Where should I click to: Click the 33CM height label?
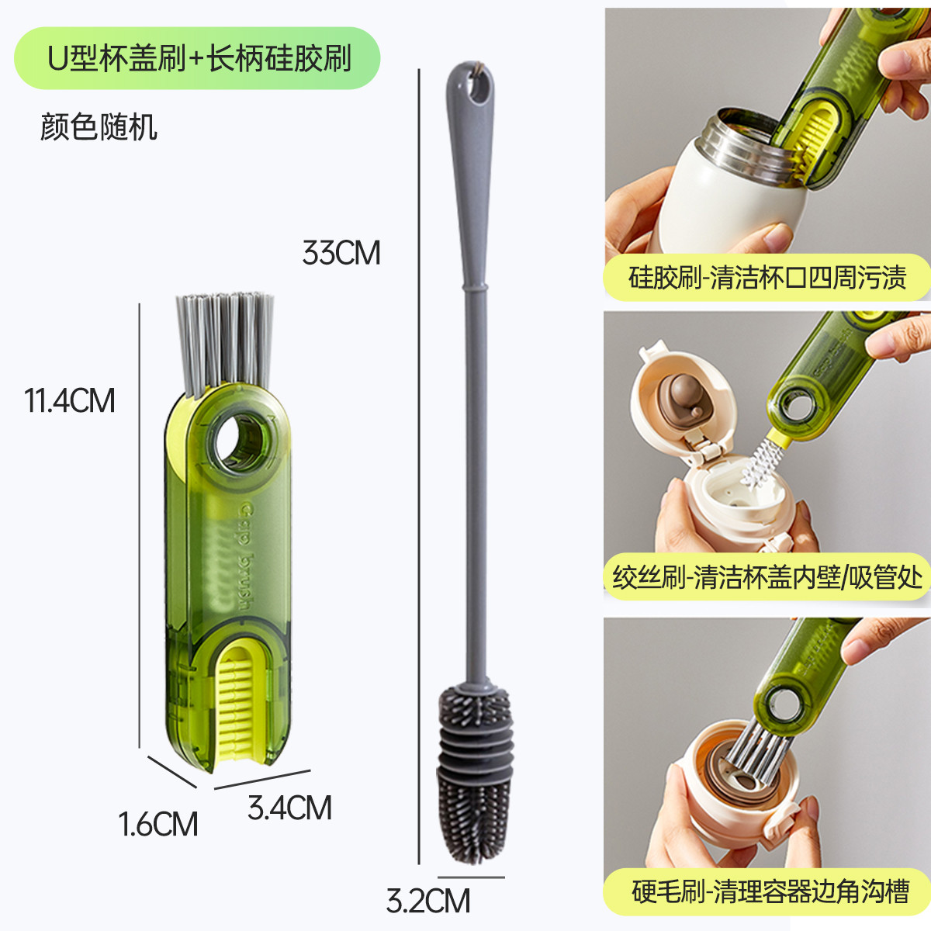[x=341, y=253]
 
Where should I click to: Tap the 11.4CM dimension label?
[x=70, y=400]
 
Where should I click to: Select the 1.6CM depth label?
[x=158, y=824]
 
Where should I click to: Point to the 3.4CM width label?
[x=289, y=807]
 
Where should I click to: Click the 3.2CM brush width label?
[x=428, y=901]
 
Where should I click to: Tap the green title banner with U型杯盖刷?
[x=197, y=58]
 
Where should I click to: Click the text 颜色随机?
[x=99, y=127]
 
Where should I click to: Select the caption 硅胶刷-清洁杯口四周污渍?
[x=767, y=277]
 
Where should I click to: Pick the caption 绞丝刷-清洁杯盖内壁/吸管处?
[x=767, y=576]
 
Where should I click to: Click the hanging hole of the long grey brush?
[x=479, y=86]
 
